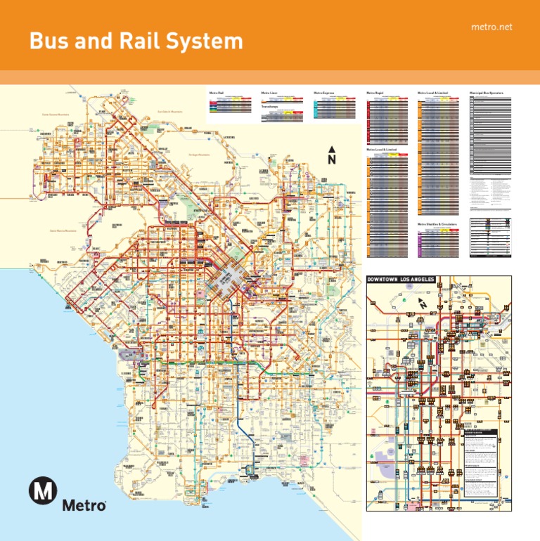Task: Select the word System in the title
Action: point(203,41)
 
